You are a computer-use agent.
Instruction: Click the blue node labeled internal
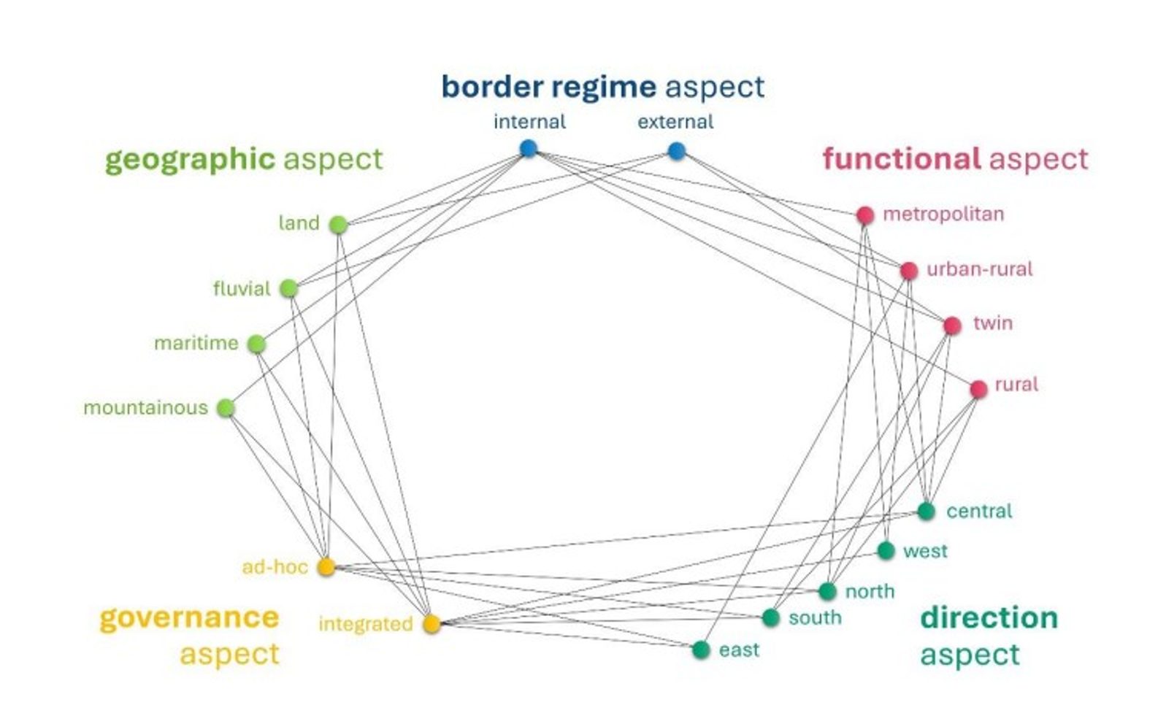coord(528,149)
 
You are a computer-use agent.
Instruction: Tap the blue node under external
coord(676,151)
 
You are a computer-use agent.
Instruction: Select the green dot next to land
coord(337,225)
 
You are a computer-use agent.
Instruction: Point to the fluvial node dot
coord(289,288)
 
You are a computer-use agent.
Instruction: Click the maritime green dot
coord(256,344)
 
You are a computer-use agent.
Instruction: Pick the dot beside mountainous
coord(226,407)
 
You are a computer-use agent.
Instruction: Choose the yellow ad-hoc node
coord(326,566)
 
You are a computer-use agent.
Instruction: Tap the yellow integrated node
coord(432,623)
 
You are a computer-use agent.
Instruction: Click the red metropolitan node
coord(864,215)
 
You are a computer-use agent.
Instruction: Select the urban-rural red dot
coord(908,271)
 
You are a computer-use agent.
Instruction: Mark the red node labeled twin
coord(951,325)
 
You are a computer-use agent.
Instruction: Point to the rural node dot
coord(978,388)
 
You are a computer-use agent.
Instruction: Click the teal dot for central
coord(926,511)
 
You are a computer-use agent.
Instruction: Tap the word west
coord(925,551)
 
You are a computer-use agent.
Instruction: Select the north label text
coord(870,591)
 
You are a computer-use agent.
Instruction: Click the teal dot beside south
coord(770,617)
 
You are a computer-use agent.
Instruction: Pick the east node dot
coord(700,650)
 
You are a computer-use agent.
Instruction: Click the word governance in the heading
coord(189,618)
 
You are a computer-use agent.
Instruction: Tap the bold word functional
coord(901,158)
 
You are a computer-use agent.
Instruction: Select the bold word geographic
coord(190,159)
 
